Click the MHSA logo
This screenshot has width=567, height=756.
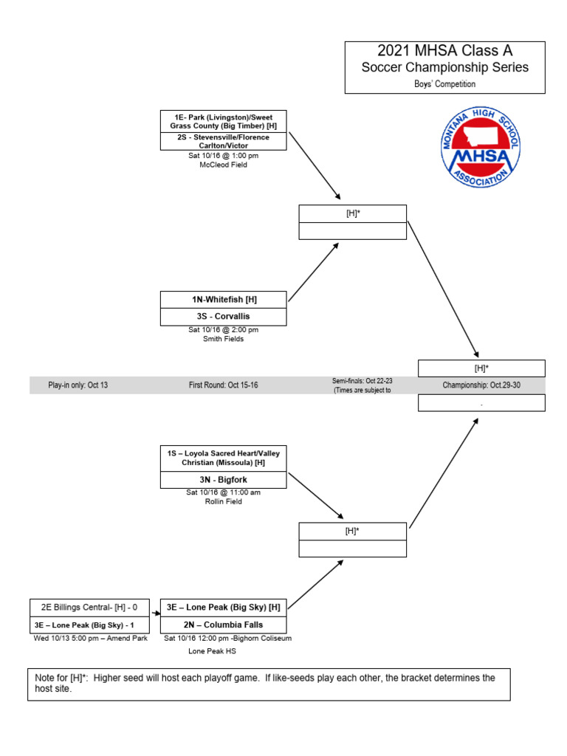click(480, 146)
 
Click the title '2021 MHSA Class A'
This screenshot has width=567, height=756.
click(444, 51)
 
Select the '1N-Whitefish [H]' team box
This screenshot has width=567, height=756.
click(224, 300)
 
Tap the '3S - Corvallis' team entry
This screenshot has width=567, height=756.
click(224, 317)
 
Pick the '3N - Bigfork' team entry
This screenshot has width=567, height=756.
click(224, 480)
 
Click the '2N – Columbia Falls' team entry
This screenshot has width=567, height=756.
click(224, 625)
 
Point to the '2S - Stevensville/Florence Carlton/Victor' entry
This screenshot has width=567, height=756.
click(224, 142)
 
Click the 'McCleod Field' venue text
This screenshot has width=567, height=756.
click(224, 165)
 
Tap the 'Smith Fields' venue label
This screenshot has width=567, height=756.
click(224, 340)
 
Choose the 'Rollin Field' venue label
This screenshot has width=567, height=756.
click(224, 502)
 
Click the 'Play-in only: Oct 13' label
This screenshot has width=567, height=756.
click(78, 385)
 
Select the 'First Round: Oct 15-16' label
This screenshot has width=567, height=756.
click(223, 385)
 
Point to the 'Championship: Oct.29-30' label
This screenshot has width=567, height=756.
click(481, 385)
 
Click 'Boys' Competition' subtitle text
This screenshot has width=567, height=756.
click(444, 84)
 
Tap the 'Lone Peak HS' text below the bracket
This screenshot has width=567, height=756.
click(213, 652)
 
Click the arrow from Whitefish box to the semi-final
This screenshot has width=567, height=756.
click(313, 272)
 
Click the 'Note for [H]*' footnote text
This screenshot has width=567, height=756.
click(269, 683)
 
